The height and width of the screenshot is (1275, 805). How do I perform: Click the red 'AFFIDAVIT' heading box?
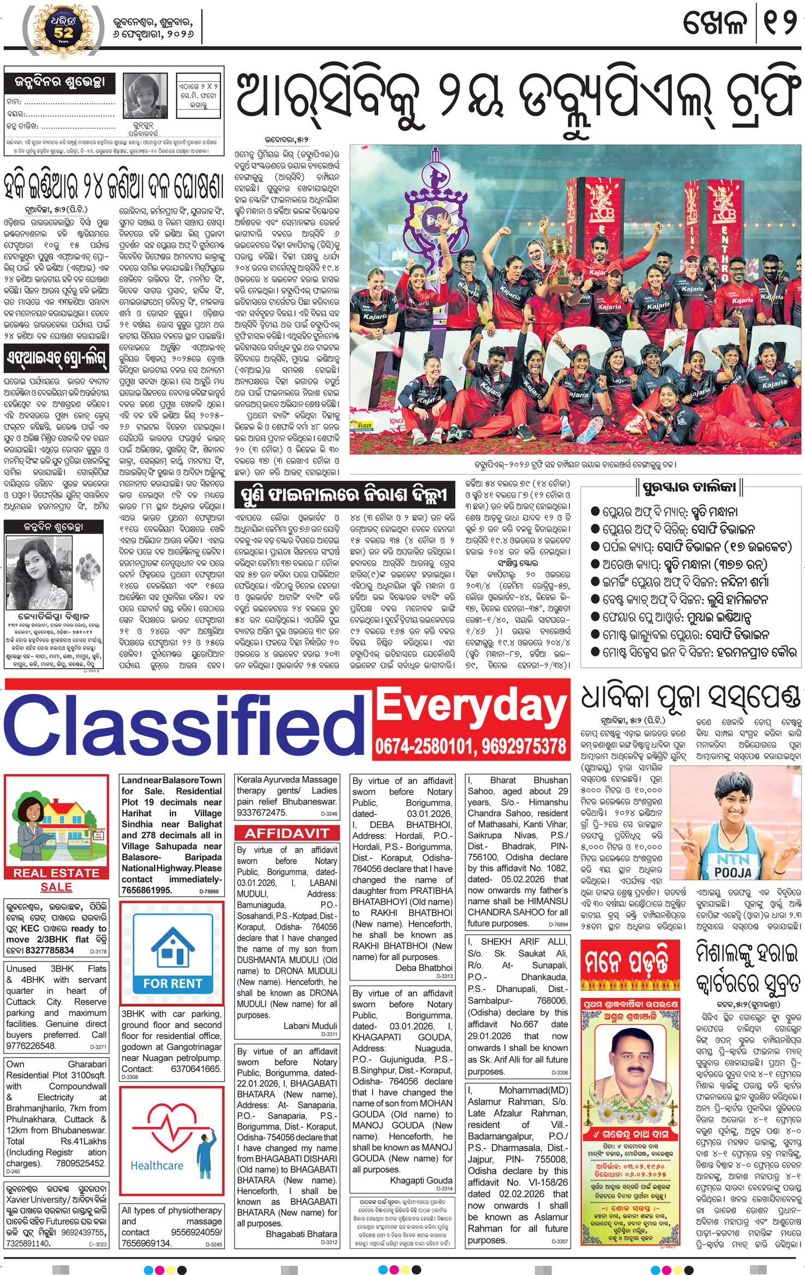287,833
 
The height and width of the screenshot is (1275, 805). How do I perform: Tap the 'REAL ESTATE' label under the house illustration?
56,873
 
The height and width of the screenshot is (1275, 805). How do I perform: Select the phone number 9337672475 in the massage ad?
262,812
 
